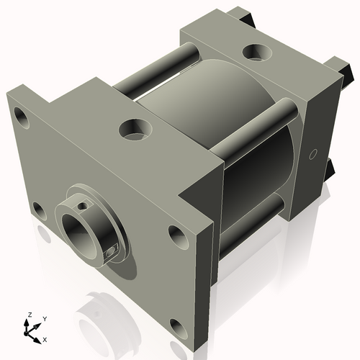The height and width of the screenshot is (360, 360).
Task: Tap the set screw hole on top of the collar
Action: point(85,207)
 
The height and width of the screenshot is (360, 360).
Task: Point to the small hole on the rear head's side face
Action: point(312,154)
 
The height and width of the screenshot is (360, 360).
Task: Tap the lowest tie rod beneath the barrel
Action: point(252,223)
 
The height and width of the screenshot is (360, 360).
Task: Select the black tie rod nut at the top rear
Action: point(242,14)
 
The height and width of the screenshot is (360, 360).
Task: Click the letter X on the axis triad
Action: point(45,338)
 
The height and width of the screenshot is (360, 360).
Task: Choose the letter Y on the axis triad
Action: point(44,318)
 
